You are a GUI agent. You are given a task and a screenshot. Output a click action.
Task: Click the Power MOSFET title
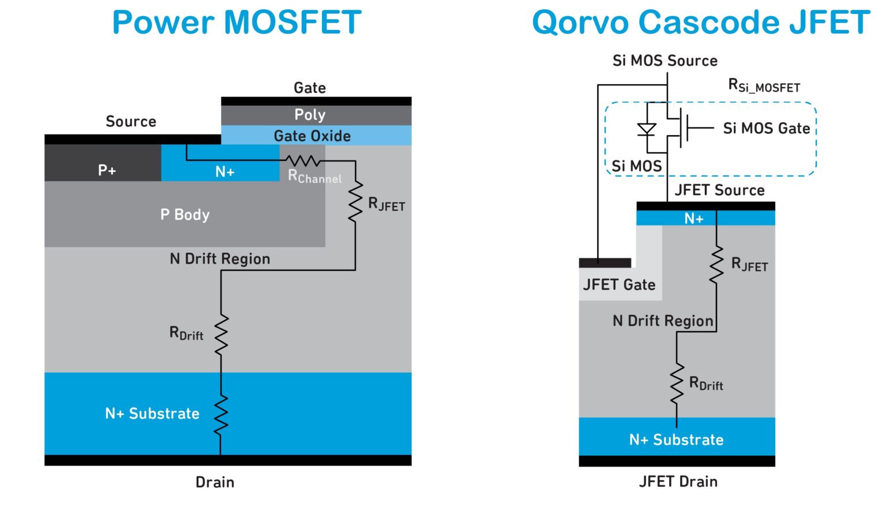(x=236, y=23)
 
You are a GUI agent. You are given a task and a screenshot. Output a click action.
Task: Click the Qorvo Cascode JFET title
(x=700, y=23)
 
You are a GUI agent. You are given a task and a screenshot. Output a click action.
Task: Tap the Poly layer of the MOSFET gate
(x=310, y=115)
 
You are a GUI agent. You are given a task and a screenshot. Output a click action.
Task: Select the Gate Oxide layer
(x=312, y=136)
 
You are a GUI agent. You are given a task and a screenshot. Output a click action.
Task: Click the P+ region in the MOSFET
(x=107, y=170)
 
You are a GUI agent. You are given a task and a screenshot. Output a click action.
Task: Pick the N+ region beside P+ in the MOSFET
(x=224, y=171)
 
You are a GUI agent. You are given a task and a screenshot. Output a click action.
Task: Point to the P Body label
(x=185, y=215)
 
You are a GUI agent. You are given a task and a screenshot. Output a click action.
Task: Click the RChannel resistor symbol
(x=303, y=160)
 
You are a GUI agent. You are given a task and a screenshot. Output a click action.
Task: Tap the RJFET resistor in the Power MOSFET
(x=355, y=201)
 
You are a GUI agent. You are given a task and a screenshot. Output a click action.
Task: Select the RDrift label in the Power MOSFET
(x=186, y=333)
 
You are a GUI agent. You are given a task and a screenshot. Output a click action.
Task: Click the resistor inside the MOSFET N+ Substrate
(x=221, y=415)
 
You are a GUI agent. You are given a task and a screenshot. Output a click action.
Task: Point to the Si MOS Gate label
(x=766, y=129)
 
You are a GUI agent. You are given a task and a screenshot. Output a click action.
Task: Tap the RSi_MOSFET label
(x=764, y=87)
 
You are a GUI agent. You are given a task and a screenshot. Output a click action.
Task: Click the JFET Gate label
(x=619, y=285)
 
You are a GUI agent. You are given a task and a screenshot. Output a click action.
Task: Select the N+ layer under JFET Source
(x=693, y=219)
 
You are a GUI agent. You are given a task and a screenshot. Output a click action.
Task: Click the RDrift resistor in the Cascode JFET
(x=677, y=384)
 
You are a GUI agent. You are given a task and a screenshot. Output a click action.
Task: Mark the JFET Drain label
(x=678, y=482)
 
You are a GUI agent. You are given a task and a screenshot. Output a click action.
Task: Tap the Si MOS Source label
(x=664, y=61)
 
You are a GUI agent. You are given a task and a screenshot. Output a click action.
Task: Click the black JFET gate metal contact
(x=605, y=263)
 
